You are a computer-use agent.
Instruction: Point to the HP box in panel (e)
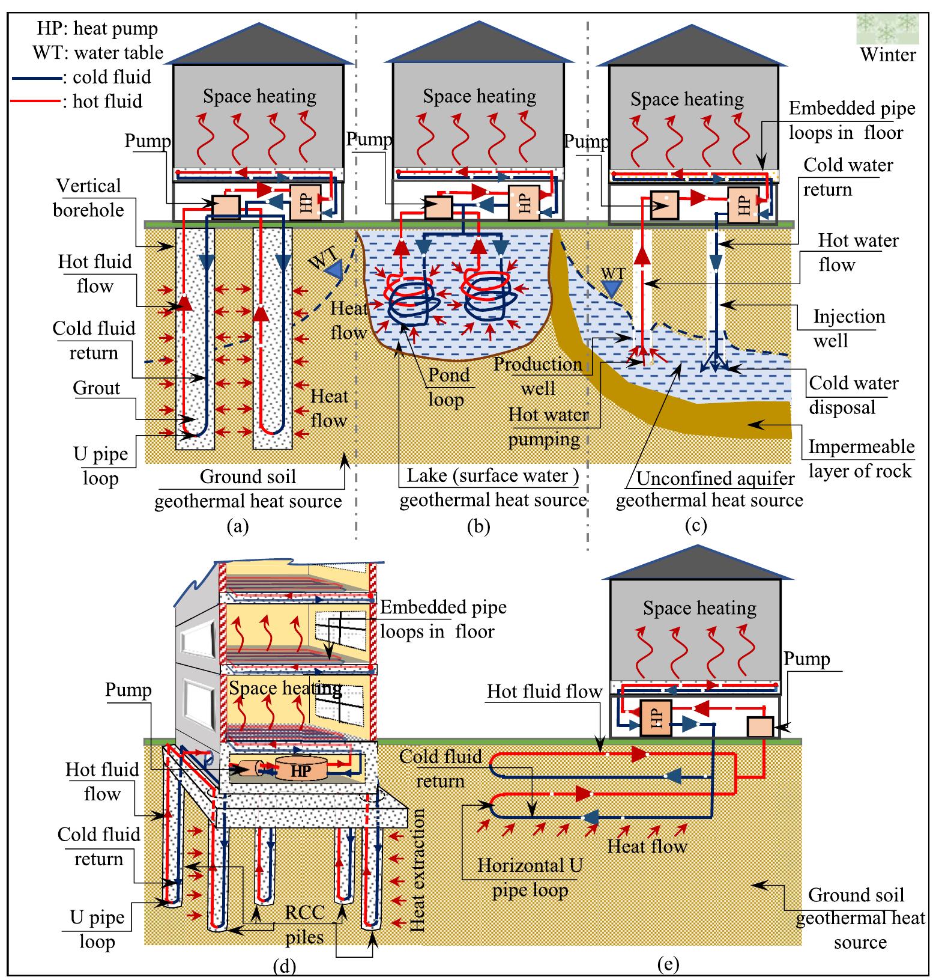pos(655,718)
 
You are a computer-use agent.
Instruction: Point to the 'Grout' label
pos(97,388)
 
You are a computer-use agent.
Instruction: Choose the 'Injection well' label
pos(848,328)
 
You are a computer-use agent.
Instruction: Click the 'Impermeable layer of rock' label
pos(860,458)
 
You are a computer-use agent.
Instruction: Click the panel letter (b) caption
pos(479,526)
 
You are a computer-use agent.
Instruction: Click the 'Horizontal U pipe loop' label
pos(530,877)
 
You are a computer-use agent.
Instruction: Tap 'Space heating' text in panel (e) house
pos(699,608)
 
